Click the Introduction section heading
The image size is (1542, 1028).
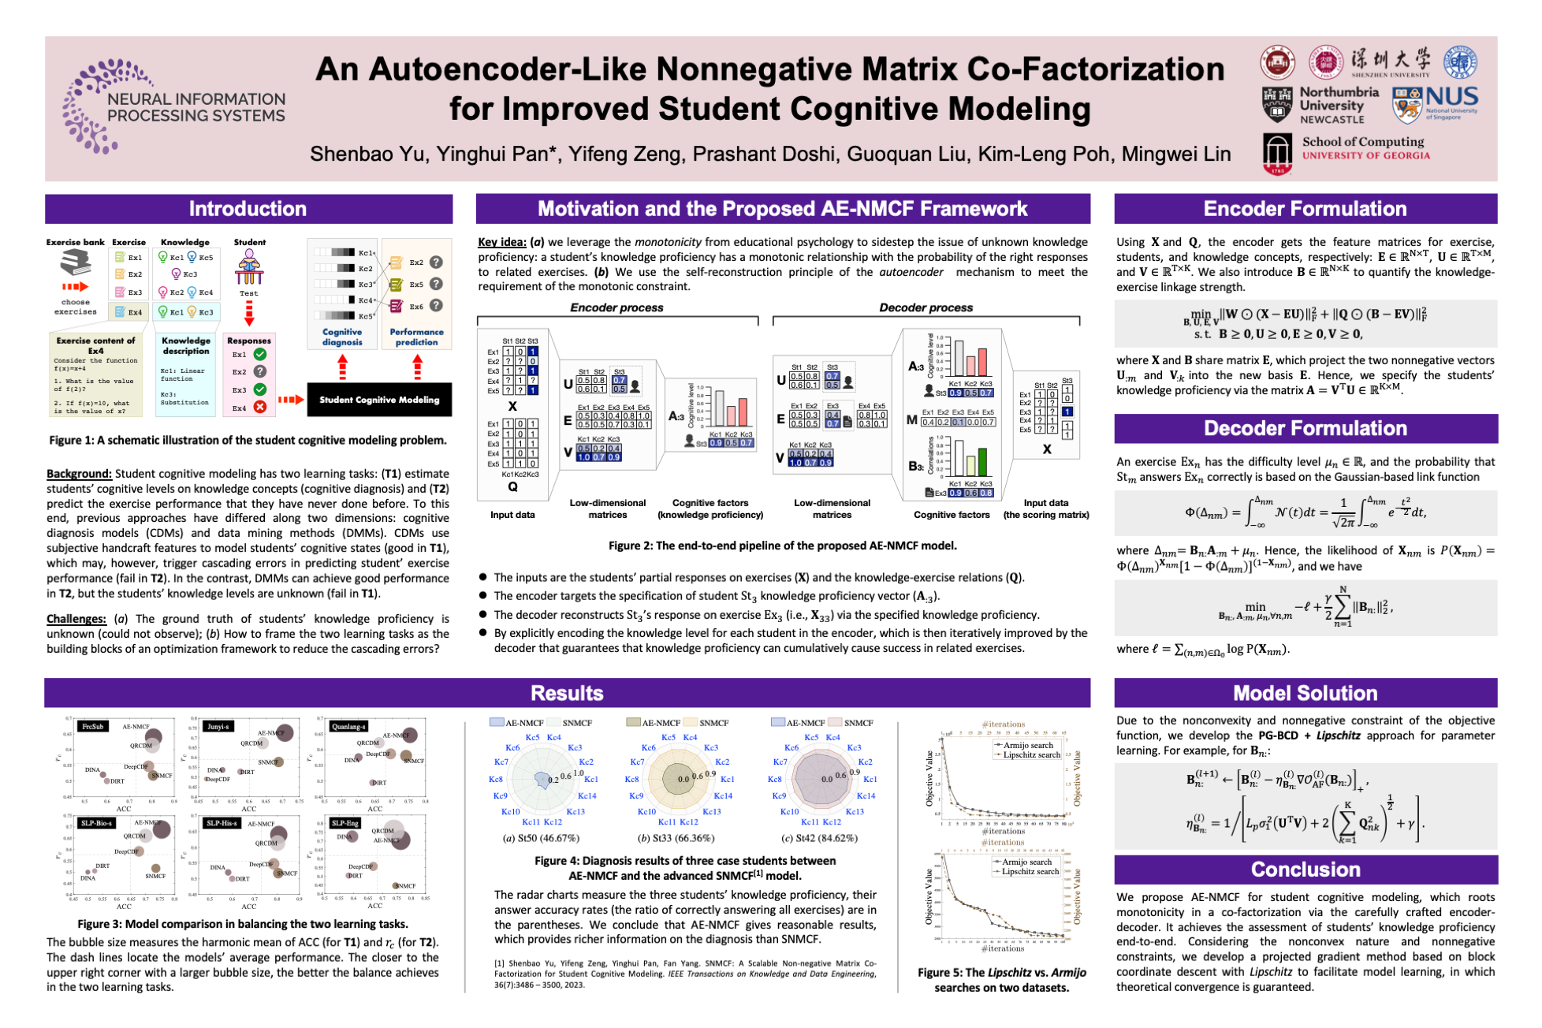[x=248, y=209]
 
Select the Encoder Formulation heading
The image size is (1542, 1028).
[x=1305, y=209]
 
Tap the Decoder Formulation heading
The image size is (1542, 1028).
[x=1305, y=428]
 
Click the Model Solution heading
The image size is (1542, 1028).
[x=1305, y=693]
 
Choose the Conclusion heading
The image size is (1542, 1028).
[x=1305, y=869]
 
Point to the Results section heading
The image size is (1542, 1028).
[x=567, y=693]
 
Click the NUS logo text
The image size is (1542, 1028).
[x=1451, y=98]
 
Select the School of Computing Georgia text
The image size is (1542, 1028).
[x=1365, y=147]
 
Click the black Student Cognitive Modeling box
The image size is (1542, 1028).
[x=379, y=400]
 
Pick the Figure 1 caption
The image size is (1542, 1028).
[x=248, y=441]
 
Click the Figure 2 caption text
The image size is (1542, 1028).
[x=782, y=546]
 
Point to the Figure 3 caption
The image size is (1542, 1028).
[x=243, y=924]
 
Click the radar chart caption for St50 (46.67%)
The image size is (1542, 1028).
[x=541, y=838]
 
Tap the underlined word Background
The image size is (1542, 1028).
[x=79, y=474]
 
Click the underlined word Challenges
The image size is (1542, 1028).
[x=76, y=619]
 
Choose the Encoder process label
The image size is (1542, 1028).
[x=616, y=307]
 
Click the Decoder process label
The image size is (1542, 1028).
[x=926, y=307]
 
